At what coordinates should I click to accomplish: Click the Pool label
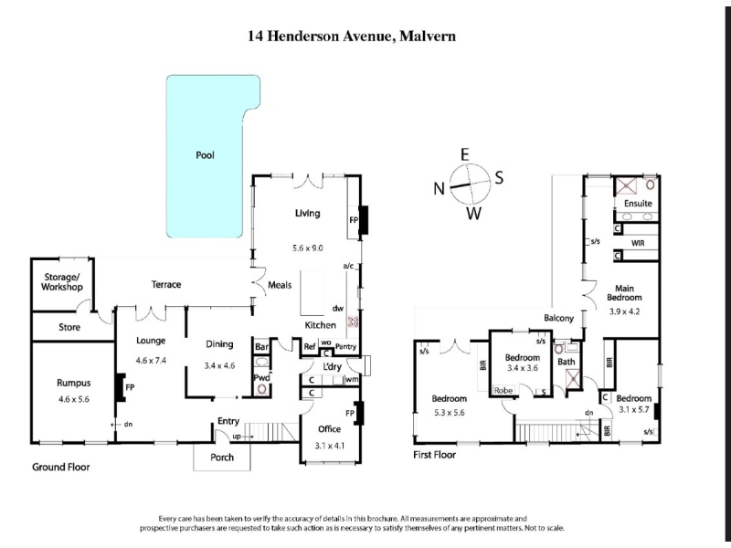click(x=205, y=155)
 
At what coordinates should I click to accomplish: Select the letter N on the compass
click(x=440, y=188)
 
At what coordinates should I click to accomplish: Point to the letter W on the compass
click(x=473, y=214)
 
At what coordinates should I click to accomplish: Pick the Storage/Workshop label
click(x=62, y=281)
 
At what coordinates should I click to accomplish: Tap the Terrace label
click(x=166, y=285)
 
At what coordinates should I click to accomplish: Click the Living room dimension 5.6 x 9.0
click(x=308, y=248)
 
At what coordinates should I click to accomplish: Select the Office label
click(x=329, y=428)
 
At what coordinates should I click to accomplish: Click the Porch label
click(x=222, y=457)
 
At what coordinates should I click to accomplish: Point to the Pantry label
click(x=345, y=346)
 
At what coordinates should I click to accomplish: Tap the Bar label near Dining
click(x=261, y=346)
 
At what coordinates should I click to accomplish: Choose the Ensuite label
click(x=638, y=203)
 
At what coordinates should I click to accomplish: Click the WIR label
click(x=639, y=245)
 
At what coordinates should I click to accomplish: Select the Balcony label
click(x=558, y=318)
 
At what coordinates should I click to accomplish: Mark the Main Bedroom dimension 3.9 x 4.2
click(x=626, y=311)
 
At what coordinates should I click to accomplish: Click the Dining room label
click(x=219, y=344)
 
